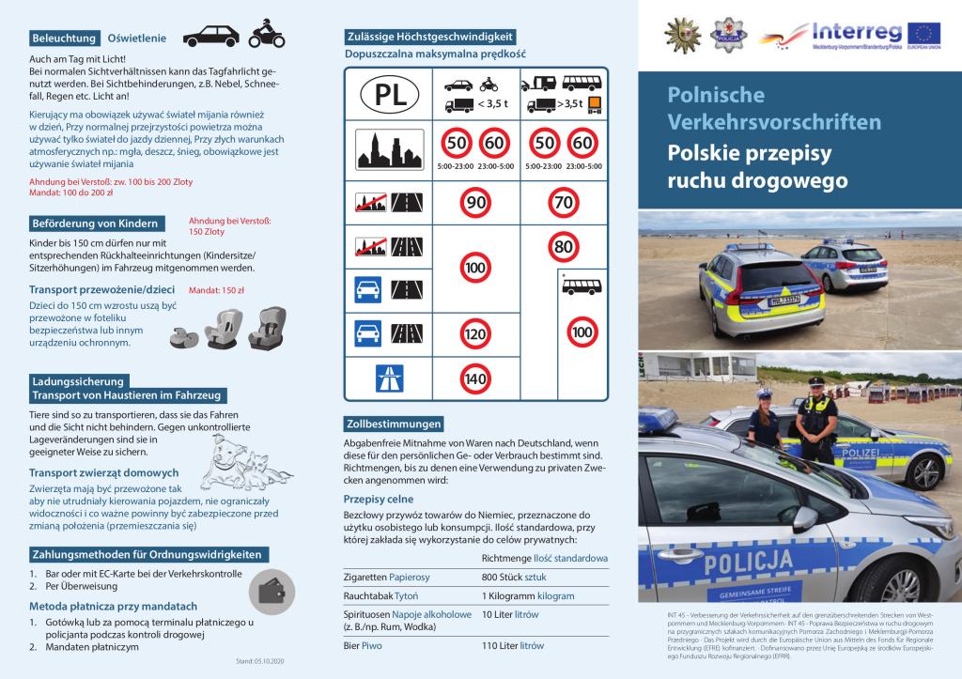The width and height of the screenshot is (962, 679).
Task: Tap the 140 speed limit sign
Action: click(x=475, y=378)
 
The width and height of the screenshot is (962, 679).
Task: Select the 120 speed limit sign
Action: click(x=475, y=332)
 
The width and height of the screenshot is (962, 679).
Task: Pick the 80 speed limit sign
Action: click(x=564, y=247)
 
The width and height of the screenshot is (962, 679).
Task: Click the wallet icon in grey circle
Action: click(x=272, y=591)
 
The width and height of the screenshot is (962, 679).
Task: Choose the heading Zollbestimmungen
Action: click(x=393, y=424)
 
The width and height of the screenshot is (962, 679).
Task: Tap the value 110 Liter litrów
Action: click(x=513, y=646)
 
